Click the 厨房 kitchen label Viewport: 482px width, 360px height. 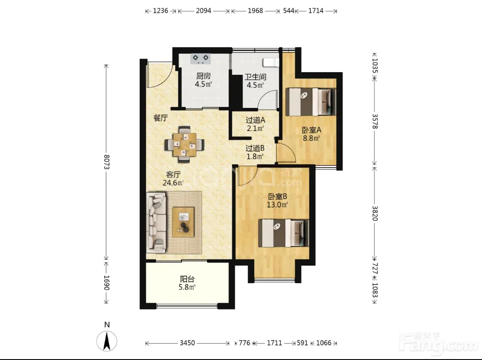[203, 76]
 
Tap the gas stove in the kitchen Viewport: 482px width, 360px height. [201, 59]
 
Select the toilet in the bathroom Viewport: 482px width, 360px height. [271, 62]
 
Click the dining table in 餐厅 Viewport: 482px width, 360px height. [184, 144]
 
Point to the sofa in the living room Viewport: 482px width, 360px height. [157, 222]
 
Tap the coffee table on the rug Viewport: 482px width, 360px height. [184, 222]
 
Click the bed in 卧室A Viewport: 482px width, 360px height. [310, 102]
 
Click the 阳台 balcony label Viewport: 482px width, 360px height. [187, 279]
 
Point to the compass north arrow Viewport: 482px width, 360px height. [107, 341]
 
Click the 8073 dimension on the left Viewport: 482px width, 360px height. [107, 162]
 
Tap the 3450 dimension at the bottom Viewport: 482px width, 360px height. [187, 343]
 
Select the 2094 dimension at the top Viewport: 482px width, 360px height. [204, 11]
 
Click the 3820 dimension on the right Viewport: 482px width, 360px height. [375, 213]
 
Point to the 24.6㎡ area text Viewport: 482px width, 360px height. [173, 183]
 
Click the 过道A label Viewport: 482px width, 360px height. [256, 120]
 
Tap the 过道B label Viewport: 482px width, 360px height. [255, 148]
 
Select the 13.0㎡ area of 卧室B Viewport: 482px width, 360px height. [277, 204]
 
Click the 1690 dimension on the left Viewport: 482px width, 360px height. [107, 283]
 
